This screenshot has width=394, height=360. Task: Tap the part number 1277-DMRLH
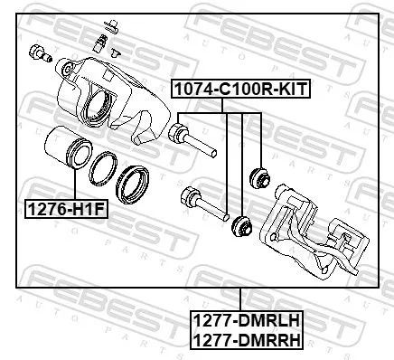pyautogui.click(x=245, y=319)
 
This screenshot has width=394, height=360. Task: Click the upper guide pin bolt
pyautogui.click(x=193, y=140)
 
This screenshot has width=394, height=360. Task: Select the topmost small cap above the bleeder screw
pyautogui.click(x=108, y=20)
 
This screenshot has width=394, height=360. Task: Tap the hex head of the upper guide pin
pyautogui.click(x=179, y=136)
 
